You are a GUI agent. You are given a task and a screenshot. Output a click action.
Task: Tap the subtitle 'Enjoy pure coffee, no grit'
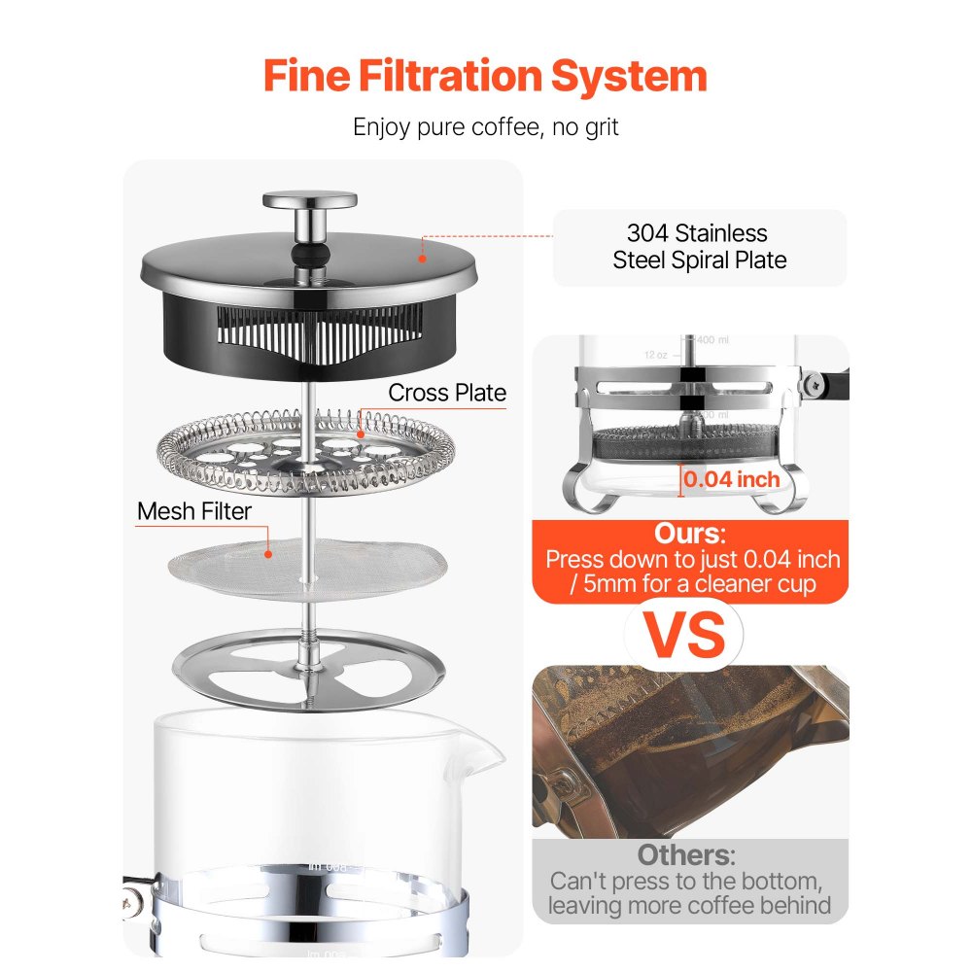click(485, 126)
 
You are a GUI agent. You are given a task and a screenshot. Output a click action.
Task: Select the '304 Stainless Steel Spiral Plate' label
click(699, 247)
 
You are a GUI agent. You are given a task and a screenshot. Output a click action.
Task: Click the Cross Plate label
click(447, 393)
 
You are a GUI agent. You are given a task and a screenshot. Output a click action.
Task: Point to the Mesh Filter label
click(194, 511)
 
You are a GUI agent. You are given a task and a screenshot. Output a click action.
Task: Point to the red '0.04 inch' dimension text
click(732, 479)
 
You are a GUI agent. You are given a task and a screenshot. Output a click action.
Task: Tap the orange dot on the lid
click(422, 258)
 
